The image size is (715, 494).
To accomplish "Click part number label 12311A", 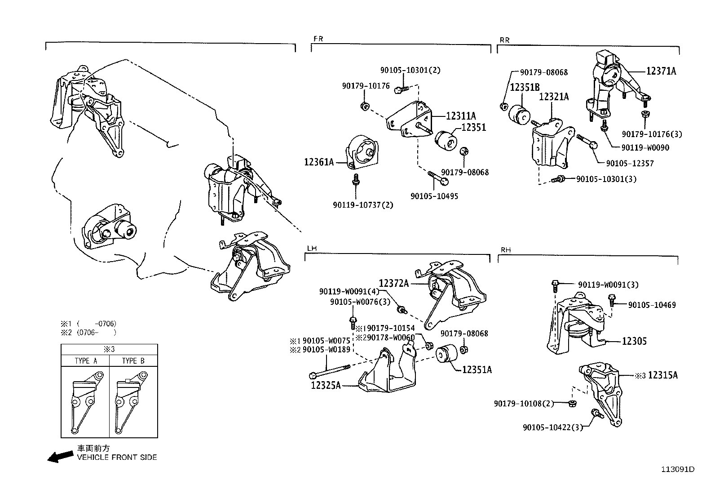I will [461, 116].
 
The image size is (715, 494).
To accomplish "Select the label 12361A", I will [319, 162].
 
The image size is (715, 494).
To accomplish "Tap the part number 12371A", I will [661, 71].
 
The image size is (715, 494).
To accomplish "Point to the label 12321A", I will [554, 97].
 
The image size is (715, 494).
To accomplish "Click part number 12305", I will [634, 341].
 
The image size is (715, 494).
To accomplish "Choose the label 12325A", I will [326, 385].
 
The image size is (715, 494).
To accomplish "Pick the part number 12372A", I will [393, 283].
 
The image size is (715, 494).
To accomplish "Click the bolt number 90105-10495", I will [434, 196].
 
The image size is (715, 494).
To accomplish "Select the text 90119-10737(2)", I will [363, 205].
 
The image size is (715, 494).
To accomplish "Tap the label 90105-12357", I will [630, 164].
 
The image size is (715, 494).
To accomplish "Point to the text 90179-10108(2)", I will [524, 404].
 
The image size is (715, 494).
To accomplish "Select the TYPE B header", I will [133, 361].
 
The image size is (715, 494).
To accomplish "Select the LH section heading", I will [311, 248].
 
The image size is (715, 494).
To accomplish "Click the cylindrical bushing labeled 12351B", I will [519, 114].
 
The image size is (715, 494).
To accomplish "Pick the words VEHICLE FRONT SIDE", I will [117, 458].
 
